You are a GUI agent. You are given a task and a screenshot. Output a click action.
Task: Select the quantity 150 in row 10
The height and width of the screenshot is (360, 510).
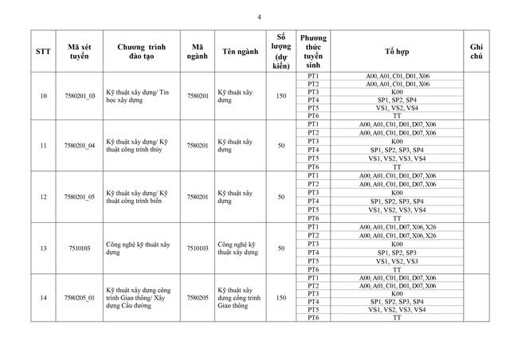(x=280, y=96)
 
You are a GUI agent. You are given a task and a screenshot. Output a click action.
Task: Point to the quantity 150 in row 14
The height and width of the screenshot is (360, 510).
(x=280, y=297)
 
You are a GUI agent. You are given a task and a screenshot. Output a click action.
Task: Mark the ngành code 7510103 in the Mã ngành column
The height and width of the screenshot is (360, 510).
(x=197, y=248)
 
